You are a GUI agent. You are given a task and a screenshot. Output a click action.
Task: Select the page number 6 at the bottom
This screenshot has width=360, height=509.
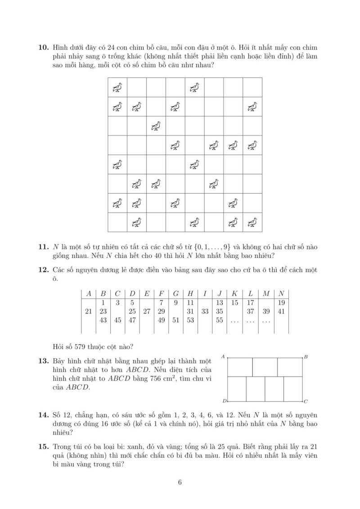pyautogui.click(x=180, y=483)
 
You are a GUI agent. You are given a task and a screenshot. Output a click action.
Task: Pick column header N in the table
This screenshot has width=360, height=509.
pyautogui.click(x=282, y=293)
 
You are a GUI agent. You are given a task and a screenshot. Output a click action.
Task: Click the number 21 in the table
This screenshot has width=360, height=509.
pyautogui.click(x=88, y=311)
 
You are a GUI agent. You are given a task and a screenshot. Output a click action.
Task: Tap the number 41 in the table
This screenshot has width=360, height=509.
pyautogui.click(x=282, y=311)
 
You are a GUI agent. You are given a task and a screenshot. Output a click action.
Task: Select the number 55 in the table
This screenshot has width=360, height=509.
pyautogui.click(x=220, y=320)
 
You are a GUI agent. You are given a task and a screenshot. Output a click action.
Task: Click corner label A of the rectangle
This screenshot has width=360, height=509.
pyautogui.click(x=223, y=356)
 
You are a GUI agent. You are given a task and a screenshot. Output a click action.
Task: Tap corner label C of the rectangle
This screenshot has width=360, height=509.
pyautogui.click(x=306, y=401)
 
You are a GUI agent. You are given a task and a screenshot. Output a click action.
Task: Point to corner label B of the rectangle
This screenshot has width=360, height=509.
pyautogui.click(x=306, y=357)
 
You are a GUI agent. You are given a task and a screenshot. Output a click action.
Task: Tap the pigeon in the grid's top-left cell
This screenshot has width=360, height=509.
pyautogui.click(x=117, y=87)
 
